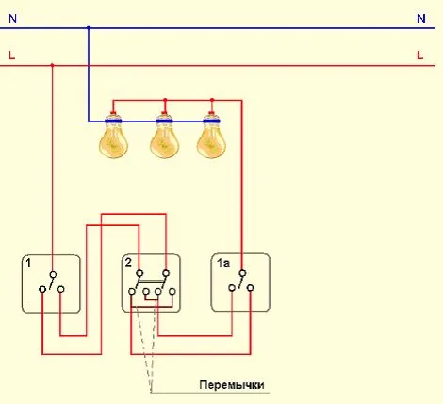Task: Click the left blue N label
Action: click(13, 19)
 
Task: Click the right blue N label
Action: click(421, 19)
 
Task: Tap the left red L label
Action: click(12, 56)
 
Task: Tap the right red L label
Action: click(420, 56)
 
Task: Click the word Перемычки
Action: click(232, 385)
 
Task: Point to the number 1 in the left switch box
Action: click(28, 263)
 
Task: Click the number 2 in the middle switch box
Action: click(128, 262)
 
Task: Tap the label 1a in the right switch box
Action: click(223, 263)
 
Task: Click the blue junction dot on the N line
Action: click(89, 28)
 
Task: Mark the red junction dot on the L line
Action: click(53, 65)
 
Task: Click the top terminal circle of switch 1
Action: click(54, 275)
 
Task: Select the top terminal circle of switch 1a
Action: click(242, 273)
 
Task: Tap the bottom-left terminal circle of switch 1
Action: click(42, 289)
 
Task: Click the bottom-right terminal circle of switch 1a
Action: click(251, 288)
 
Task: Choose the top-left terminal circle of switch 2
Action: click(139, 273)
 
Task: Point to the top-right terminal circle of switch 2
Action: click(166, 273)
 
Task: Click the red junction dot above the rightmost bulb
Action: click(212, 100)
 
